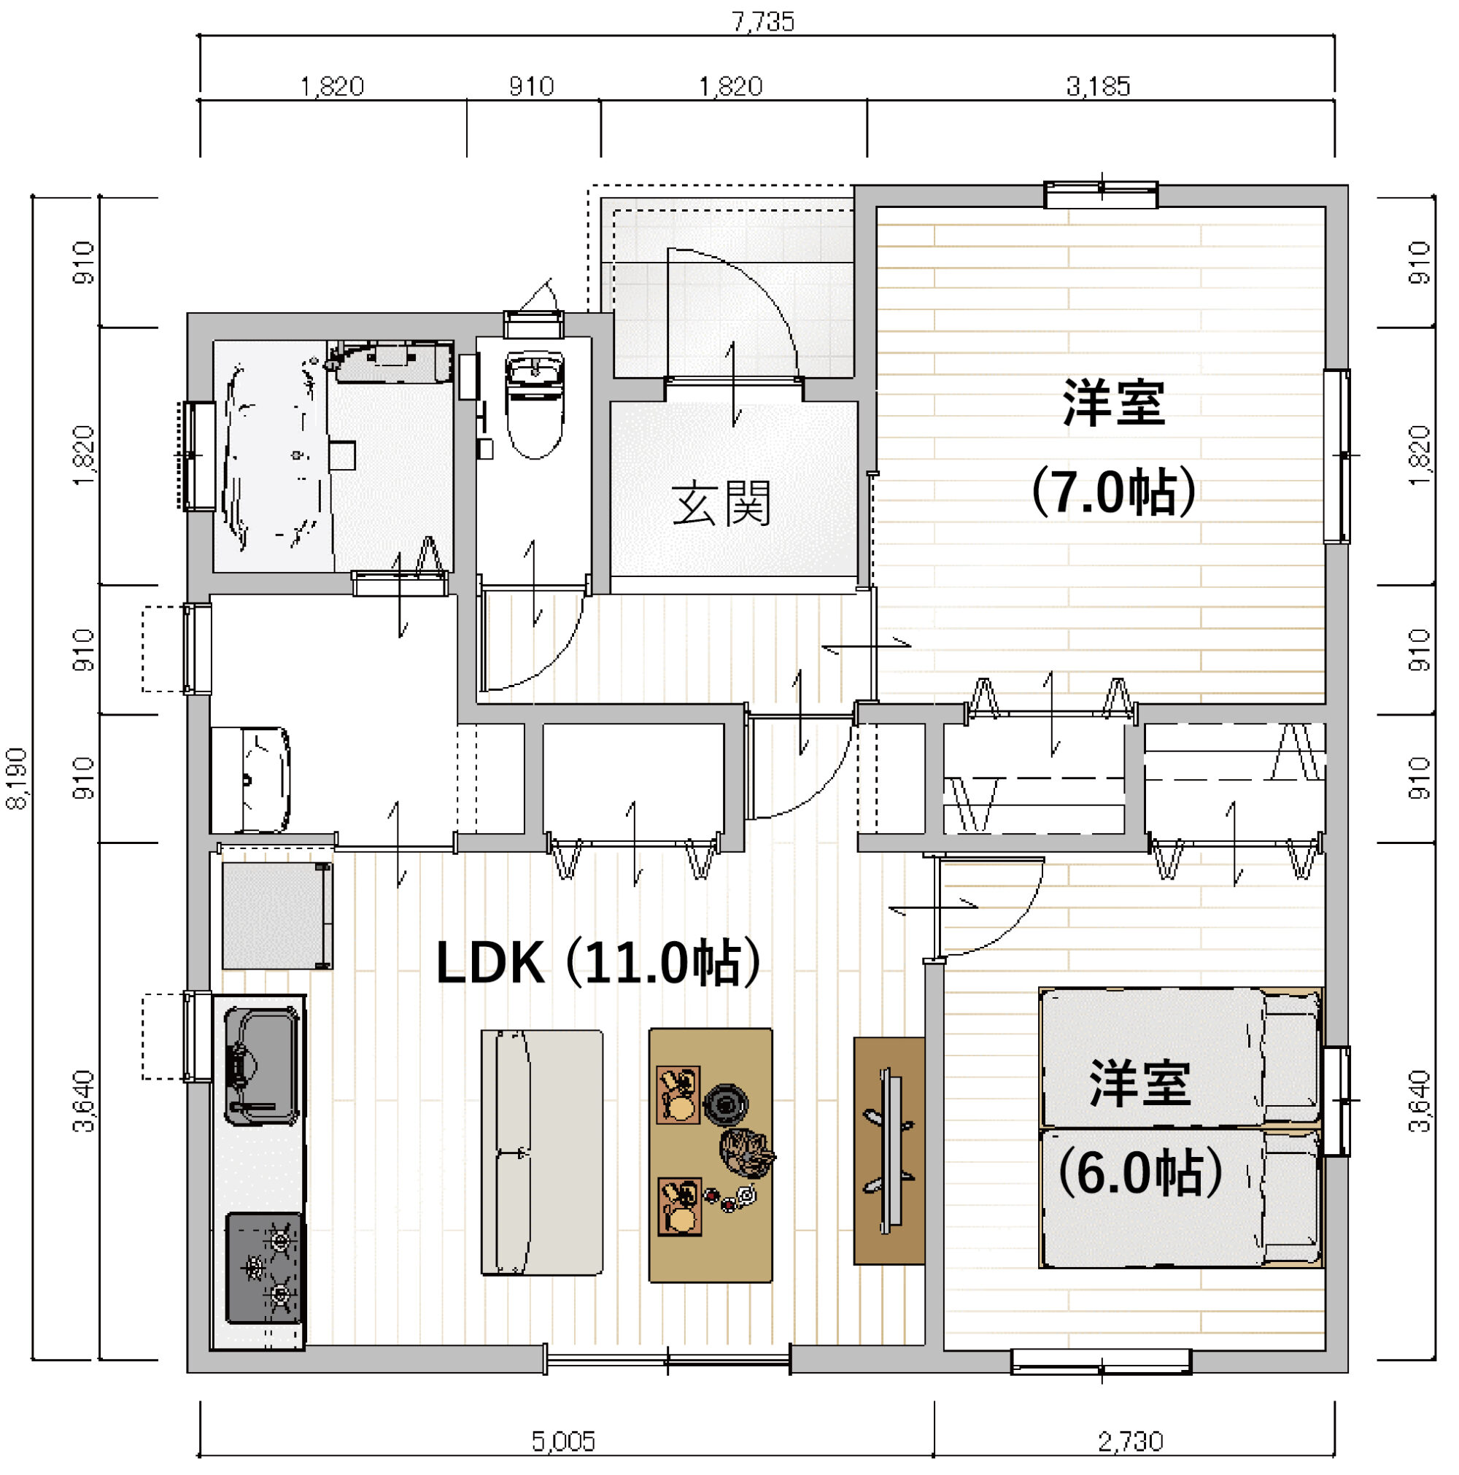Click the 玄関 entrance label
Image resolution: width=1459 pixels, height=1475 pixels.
721,503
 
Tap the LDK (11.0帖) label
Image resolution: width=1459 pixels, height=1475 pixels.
597,963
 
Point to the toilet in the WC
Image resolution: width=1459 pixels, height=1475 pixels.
535,405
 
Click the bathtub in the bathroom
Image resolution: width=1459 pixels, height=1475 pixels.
271,456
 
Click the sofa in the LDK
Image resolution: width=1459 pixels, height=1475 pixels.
541,1153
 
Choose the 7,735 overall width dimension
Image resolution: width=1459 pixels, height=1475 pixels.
763,21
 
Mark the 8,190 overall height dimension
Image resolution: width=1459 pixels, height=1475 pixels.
17,779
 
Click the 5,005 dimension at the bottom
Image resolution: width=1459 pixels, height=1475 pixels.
562,1441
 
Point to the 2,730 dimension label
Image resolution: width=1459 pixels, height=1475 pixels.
1131,1441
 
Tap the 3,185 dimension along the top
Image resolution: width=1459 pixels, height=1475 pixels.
1098,86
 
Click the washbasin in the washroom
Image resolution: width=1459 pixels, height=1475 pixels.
250,781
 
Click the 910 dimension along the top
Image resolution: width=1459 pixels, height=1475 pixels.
531,86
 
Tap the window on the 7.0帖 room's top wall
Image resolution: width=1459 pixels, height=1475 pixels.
1100,195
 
